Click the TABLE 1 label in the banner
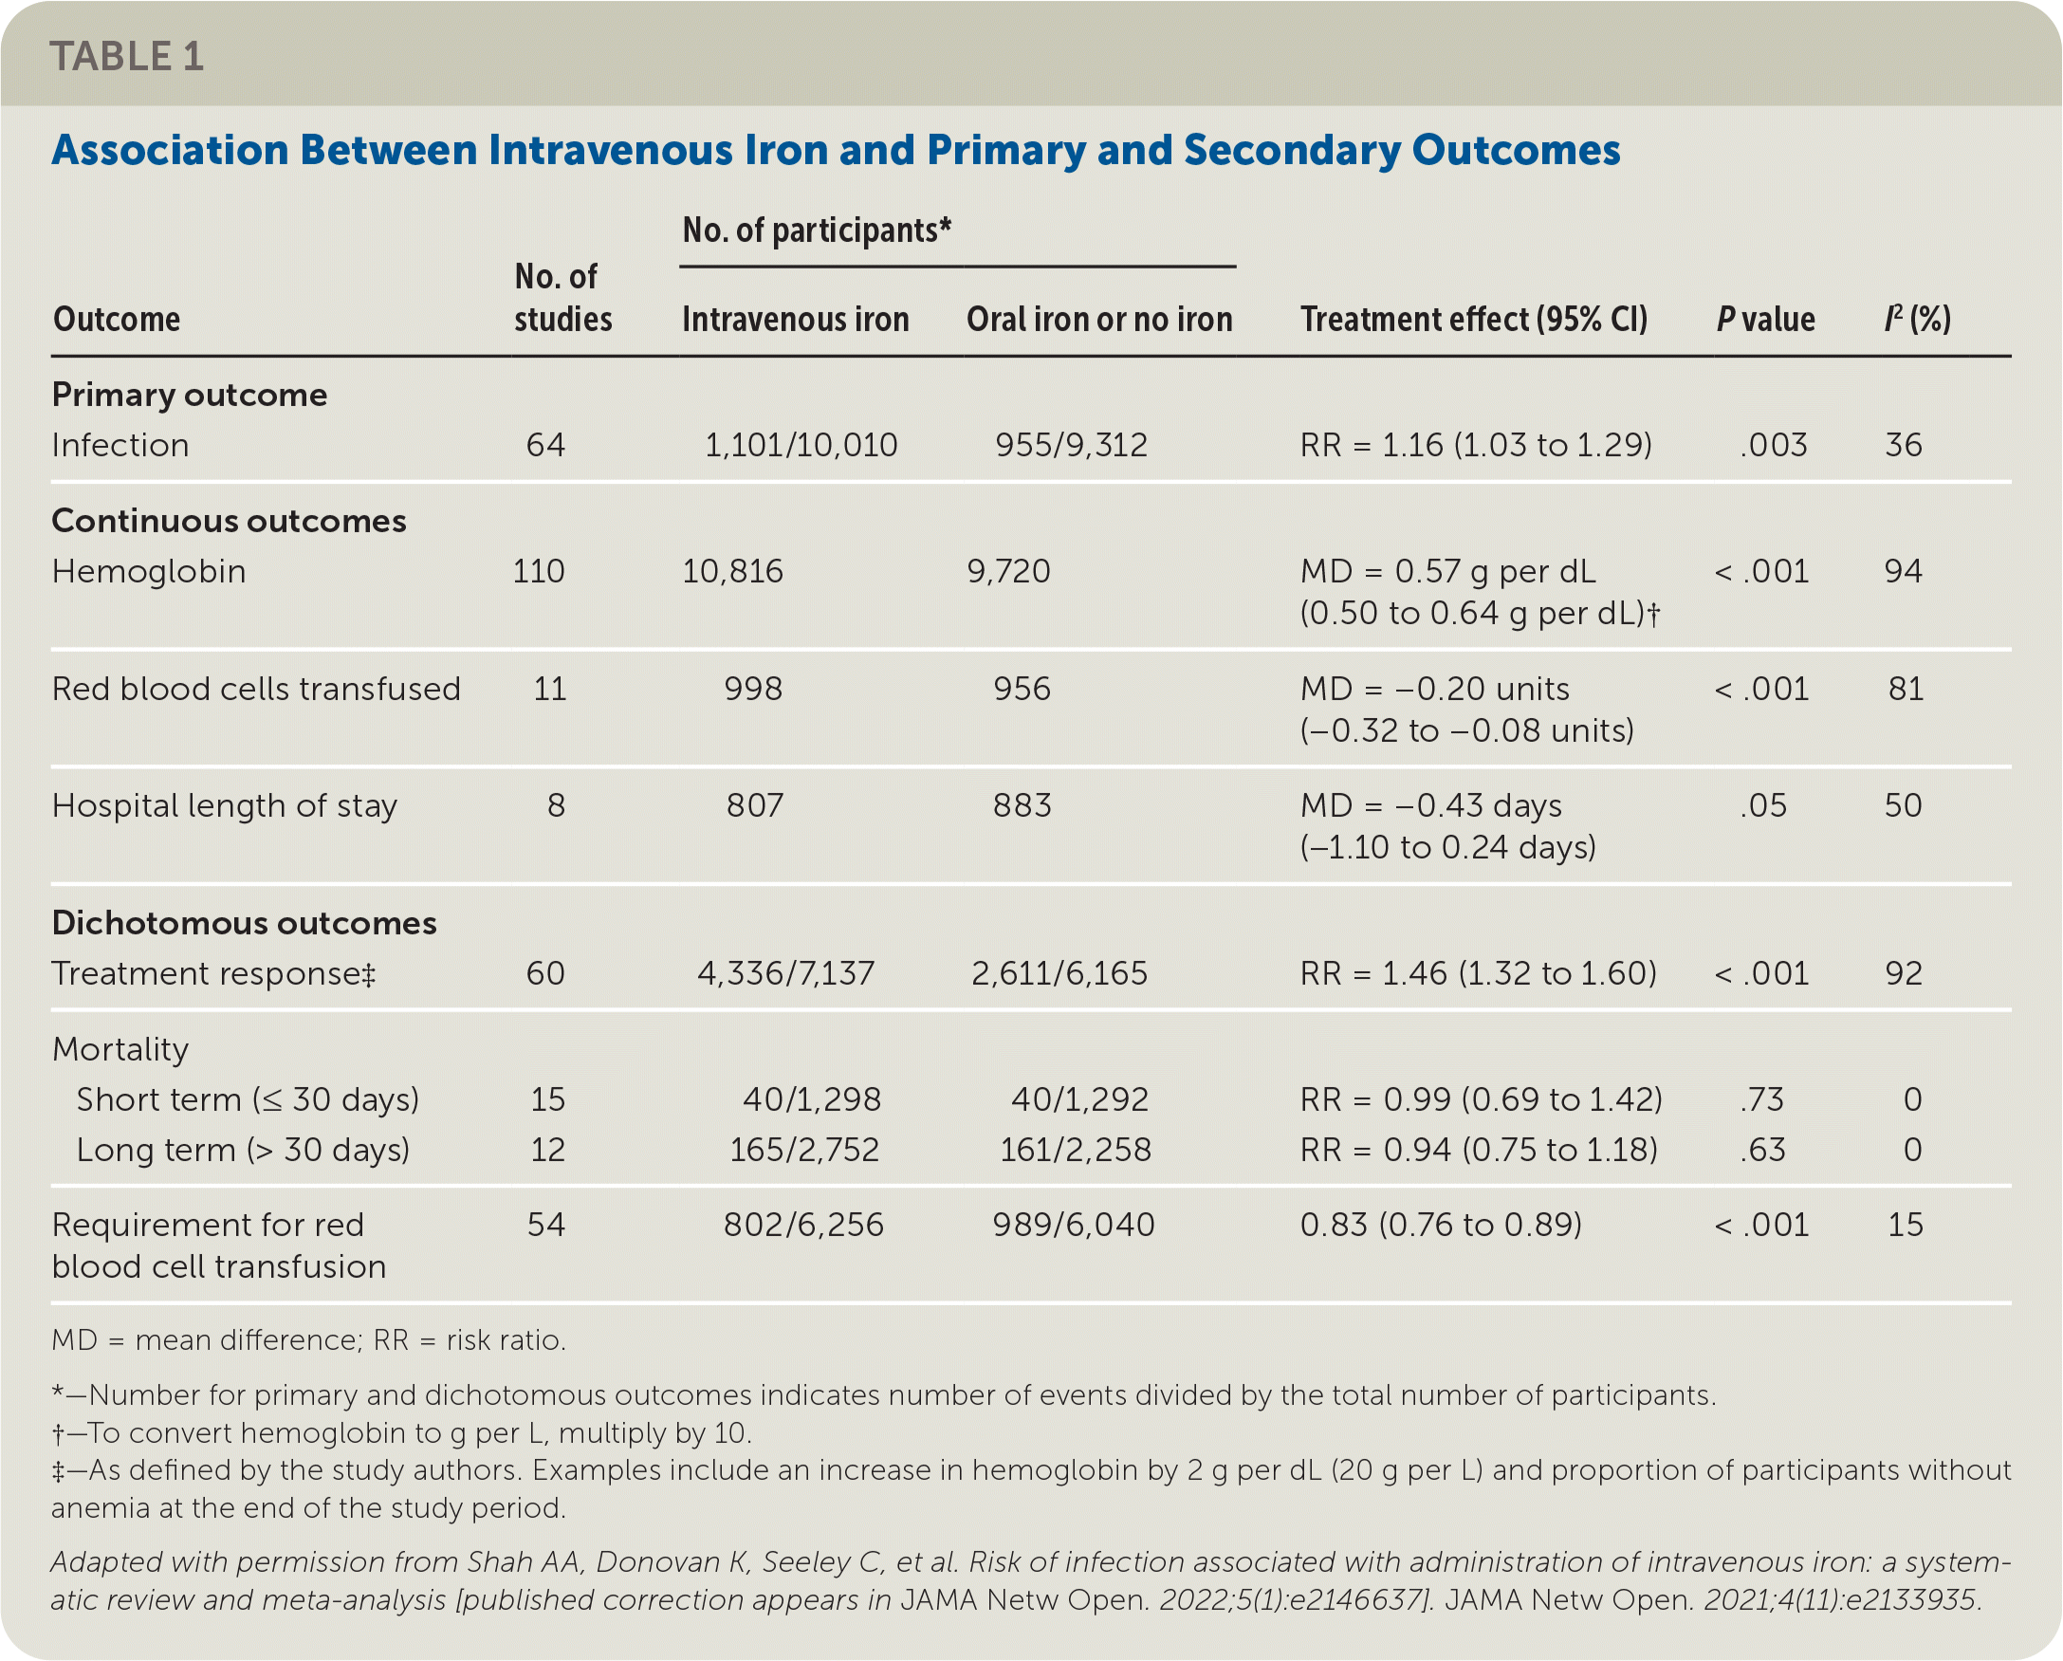(126, 57)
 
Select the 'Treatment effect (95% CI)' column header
(1474, 319)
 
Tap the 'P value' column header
(1765, 319)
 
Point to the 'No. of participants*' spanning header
(817, 231)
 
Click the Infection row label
(120, 445)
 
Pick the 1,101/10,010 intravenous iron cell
(801, 445)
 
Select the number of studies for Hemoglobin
(539, 571)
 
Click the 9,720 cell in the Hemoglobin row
(1008, 571)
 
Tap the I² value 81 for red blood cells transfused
(1906, 689)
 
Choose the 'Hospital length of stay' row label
(224, 805)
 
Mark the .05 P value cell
(1763, 805)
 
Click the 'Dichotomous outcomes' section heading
(244, 922)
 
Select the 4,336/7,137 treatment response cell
(785, 973)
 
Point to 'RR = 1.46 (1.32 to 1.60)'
(1479, 973)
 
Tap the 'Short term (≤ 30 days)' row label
(248, 1099)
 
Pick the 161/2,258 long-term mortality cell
(1076, 1149)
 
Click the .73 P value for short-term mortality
(1762, 1099)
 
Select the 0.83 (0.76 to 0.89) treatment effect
(1441, 1225)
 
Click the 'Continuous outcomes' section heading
(229, 521)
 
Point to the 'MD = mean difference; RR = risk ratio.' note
(308, 1339)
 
